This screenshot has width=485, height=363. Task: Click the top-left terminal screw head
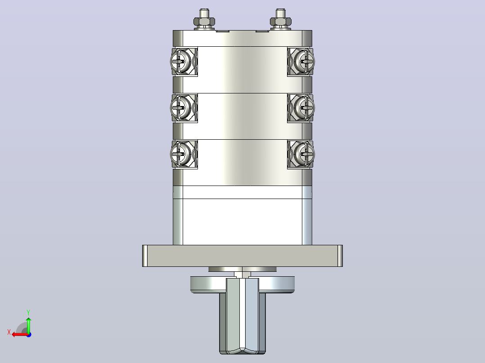pyautogui.click(x=181, y=61)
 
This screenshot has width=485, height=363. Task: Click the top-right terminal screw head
pyautogui.click(x=304, y=61)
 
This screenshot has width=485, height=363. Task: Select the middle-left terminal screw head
pyautogui.click(x=181, y=107)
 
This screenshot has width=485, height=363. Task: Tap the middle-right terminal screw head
pyautogui.click(x=304, y=107)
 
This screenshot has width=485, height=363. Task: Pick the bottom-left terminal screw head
pyautogui.click(x=181, y=154)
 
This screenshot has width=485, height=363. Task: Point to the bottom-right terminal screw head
pyautogui.click(x=304, y=154)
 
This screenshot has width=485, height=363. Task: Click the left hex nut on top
pyautogui.click(x=204, y=22)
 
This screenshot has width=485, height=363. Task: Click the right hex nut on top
pyautogui.click(x=281, y=22)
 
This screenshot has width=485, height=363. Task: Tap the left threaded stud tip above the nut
pyautogui.click(x=204, y=13)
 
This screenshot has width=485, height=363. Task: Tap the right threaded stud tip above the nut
pyautogui.click(x=281, y=13)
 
